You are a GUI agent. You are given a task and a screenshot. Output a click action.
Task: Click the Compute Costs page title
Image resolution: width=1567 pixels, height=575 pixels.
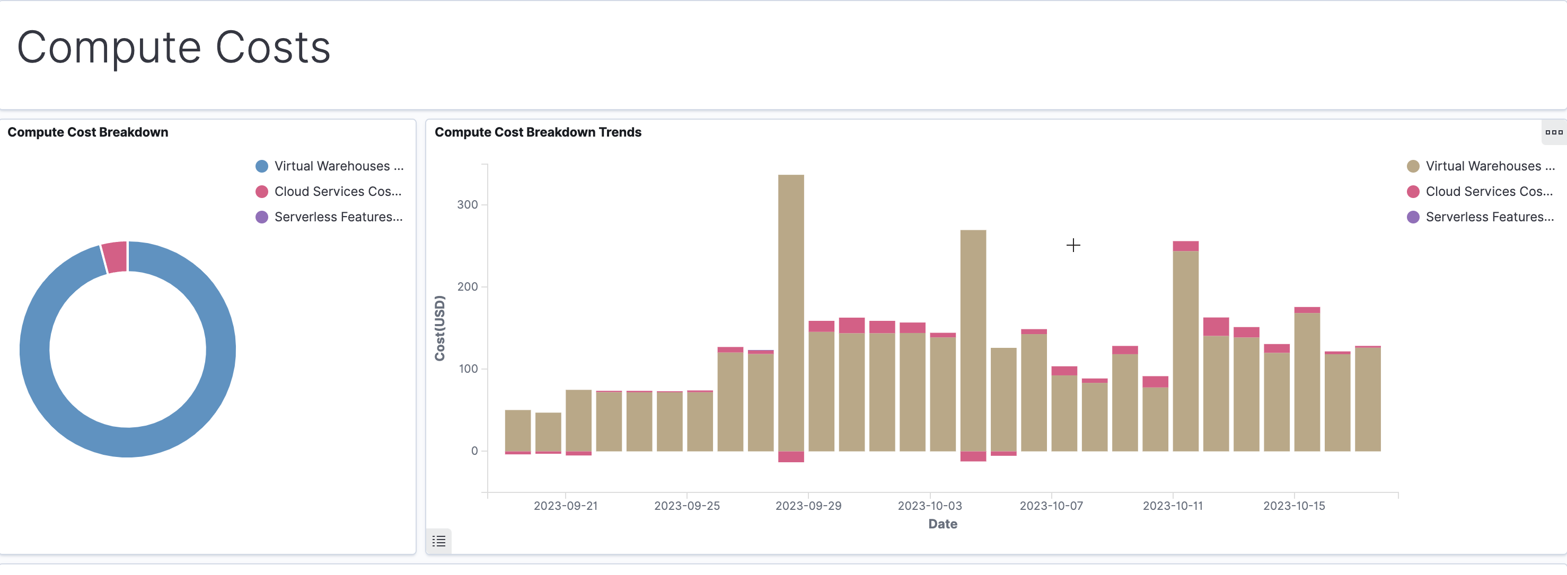pos(173,48)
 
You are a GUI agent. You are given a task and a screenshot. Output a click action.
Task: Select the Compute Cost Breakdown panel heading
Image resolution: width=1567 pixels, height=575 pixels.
pos(87,132)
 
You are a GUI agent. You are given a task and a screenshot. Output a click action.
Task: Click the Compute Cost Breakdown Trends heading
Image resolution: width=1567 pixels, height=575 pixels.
pos(538,132)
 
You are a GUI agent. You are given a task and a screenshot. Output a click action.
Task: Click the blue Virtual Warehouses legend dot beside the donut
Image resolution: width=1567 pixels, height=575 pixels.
pos(261,166)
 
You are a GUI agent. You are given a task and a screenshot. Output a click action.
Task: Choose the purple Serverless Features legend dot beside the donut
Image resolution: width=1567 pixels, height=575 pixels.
pos(261,217)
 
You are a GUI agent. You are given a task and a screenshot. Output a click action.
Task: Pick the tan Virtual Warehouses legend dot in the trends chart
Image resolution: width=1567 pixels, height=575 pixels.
pos(1413,166)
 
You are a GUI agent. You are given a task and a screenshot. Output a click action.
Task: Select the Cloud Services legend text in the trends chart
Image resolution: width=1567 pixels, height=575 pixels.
pos(1489,192)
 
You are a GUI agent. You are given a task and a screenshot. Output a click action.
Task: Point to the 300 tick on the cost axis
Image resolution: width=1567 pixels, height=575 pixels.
pos(467,205)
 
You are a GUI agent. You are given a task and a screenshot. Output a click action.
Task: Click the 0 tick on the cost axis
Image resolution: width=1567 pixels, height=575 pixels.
pos(474,451)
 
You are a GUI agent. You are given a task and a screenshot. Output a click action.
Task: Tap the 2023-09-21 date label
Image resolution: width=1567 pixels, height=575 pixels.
pos(565,506)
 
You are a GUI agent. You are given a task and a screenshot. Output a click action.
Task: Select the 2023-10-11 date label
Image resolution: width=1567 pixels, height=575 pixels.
pos(1172,506)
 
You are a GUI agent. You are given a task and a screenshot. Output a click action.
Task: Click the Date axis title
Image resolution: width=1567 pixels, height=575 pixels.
pos(943,524)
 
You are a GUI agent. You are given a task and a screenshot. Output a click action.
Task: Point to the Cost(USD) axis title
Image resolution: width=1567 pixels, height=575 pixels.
pos(439,328)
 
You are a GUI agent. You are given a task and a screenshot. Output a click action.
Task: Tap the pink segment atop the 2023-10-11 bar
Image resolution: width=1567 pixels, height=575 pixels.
pos(1185,246)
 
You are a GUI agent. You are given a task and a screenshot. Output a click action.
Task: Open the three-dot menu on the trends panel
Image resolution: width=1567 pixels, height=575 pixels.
pos(1554,132)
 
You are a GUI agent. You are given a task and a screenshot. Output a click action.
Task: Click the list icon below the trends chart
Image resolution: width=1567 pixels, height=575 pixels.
pos(438,541)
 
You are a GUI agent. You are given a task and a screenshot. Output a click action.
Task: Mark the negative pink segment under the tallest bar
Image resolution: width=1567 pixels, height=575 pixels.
pos(791,456)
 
